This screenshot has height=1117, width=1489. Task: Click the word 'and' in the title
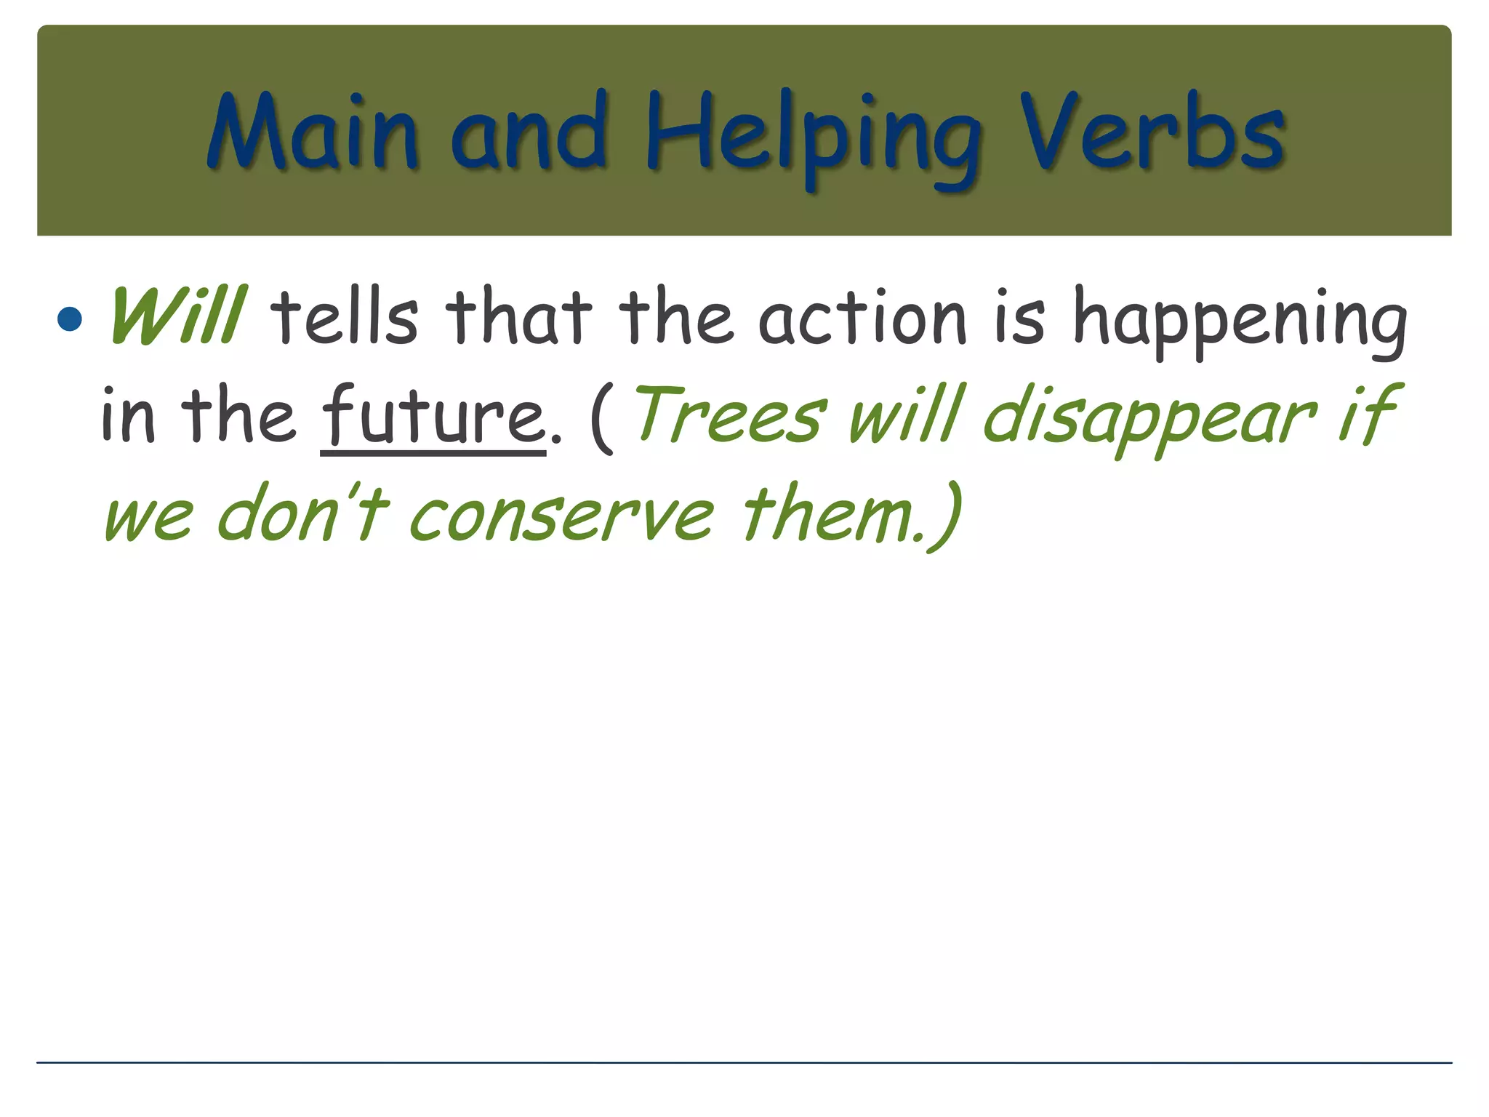tap(529, 135)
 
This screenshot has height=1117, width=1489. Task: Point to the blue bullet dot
tap(70, 319)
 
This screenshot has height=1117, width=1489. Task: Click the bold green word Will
tap(177, 316)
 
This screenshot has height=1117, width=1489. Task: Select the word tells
tap(345, 316)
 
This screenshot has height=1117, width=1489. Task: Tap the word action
tap(862, 317)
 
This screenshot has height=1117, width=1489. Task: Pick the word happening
tap(1240, 320)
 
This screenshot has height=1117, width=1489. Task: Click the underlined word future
tap(433, 415)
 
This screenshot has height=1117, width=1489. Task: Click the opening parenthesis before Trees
tap(602, 418)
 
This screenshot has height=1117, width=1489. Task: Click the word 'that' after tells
tap(518, 316)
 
